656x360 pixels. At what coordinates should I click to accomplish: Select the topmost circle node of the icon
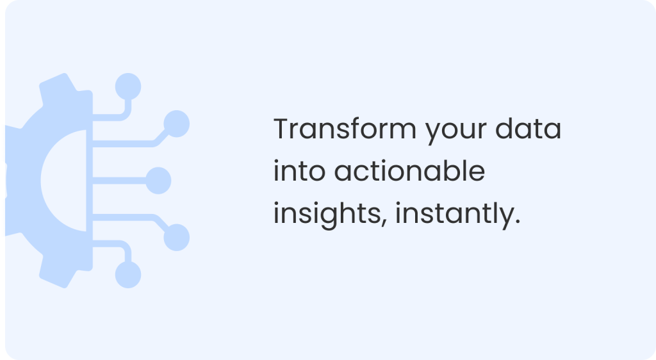[x=128, y=85]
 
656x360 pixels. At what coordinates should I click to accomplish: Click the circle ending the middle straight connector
[x=158, y=180]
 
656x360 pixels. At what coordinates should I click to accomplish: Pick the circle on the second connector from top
[x=176, y=122]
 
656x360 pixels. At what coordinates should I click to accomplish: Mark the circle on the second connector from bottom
[x=176, y=237]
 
